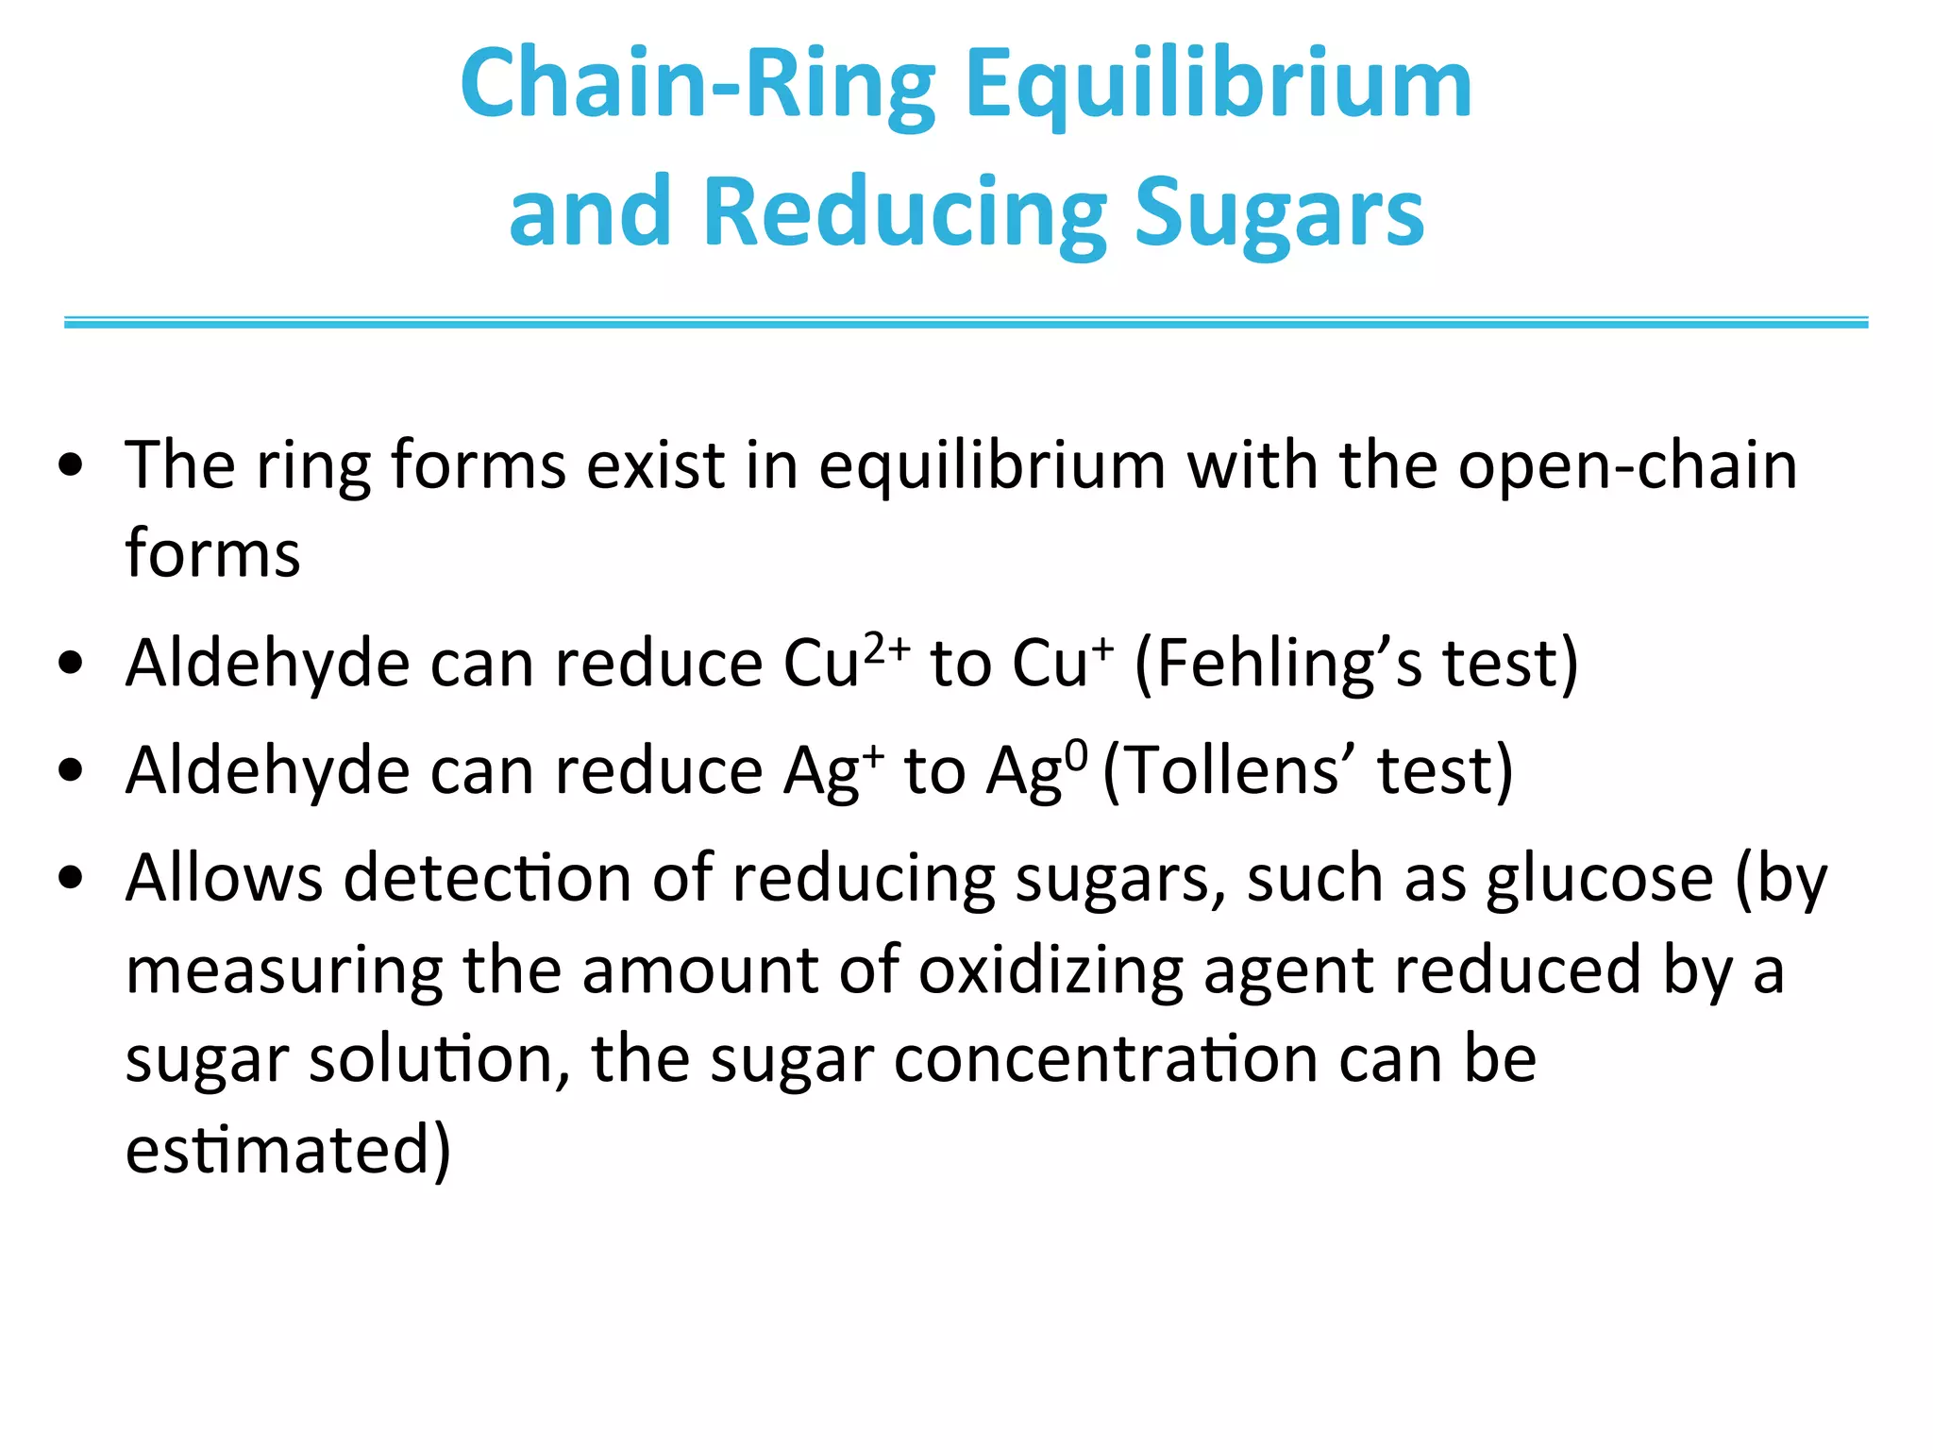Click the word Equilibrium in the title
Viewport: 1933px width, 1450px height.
tap(1218, 87)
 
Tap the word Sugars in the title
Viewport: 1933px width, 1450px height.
tap(1279, 214)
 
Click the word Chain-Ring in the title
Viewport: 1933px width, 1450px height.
tap(698, 87)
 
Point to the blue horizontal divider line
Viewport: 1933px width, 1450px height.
tap(966, 323)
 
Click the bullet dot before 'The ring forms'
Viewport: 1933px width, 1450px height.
tap(72, 465)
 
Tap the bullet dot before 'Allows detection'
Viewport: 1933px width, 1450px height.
tap(72, 879)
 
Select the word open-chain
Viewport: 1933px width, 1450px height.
tap(1627, 465)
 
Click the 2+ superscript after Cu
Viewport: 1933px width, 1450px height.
tap(886, 647)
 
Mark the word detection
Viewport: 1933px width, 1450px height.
tap(487, 879)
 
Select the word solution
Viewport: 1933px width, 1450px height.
tap(439, 1059)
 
